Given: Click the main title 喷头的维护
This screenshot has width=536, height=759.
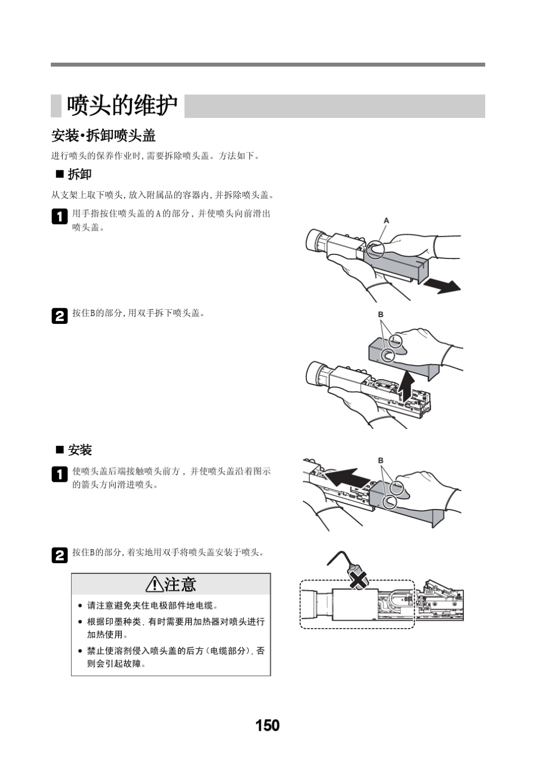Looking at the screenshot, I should pyautogui.click(x=122, y=106).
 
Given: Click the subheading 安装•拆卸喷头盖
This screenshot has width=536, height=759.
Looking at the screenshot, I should pyautogui.click(x=103, y=135).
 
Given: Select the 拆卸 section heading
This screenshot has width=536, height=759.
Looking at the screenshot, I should pyautogui.click(x=79, y=174).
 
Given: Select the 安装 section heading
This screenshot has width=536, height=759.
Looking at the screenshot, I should pyautogui.click(x=80, y=450).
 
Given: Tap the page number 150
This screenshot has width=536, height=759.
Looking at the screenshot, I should pyautogui.click(x=267, y=725).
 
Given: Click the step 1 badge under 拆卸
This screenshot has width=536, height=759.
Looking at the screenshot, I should pyautogui.click(x=59, y=217).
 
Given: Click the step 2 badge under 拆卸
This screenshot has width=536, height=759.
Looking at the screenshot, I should pyautogui.click(x=59, y=316).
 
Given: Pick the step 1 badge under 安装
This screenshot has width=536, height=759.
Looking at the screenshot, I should pyautogui.click(x=59, y=474).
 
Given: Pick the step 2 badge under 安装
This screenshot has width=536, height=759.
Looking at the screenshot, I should pyautogui.click(x=59, y=555).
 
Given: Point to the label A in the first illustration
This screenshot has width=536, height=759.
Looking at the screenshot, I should pyautogui.click(x=386, y=221).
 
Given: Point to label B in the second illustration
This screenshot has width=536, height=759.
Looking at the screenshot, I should pyautogui.click(x=381, y=314).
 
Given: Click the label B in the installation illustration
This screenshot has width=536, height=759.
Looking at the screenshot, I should pyautogui.click(x=381, y=460).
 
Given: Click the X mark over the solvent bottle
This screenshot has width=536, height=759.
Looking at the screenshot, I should pyautogui.click(x=358, y=578).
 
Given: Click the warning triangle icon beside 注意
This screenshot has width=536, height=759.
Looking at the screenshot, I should pyautogui.click(x=153, y=585).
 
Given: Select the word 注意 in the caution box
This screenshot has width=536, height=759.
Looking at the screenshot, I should pyautogui.click(x=181, y=585).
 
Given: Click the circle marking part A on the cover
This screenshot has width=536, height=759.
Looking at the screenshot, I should pyautogui.click(x=376, y=248).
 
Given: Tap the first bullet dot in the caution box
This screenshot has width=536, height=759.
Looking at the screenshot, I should pyautogui.click(x=80, y=606).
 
